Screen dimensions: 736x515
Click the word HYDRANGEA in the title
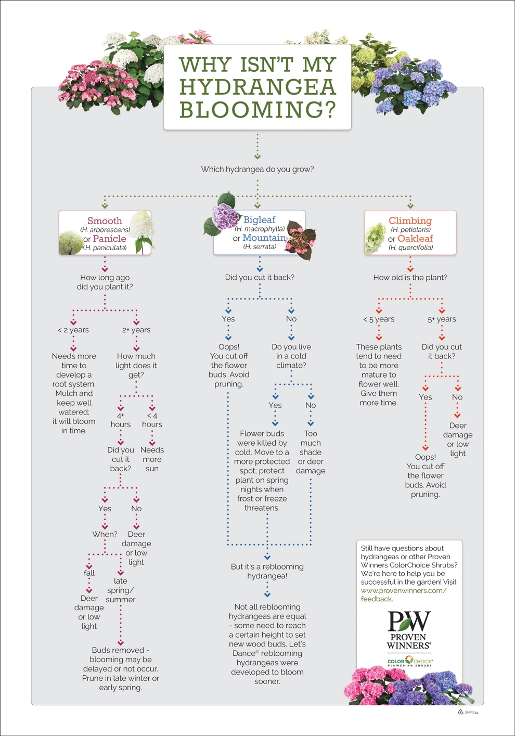[x=257, y=87]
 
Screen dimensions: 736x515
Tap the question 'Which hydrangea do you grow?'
[x=257, y=169]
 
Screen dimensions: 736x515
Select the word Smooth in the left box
[x=105, y=221]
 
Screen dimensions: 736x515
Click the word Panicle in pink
[x=109, y=239]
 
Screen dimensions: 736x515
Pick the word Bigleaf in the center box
[x=259, y=220]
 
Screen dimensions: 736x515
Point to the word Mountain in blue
[x=264, y=238]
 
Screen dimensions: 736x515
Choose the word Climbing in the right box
[x=410, y=221]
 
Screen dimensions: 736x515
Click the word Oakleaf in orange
[x=415, y=239]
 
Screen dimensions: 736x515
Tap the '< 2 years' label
[x=73, y=330]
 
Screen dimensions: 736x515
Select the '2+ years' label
[x=136, y=330]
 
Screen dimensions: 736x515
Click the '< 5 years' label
[x=379, y=319]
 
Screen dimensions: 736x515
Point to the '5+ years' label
[x=442, y=319]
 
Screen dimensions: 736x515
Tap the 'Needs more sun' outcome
[x=152, y=459]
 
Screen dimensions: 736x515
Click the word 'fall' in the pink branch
[x=89, y=573]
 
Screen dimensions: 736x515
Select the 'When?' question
[x=105, y=534]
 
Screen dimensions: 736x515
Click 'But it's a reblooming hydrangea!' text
[x=267, y=571]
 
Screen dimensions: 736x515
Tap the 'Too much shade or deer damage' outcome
[x=311, y=452]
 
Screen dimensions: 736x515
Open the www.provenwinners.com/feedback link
[x=403, y=595]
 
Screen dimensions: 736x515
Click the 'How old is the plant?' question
[x=410, y=278]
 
